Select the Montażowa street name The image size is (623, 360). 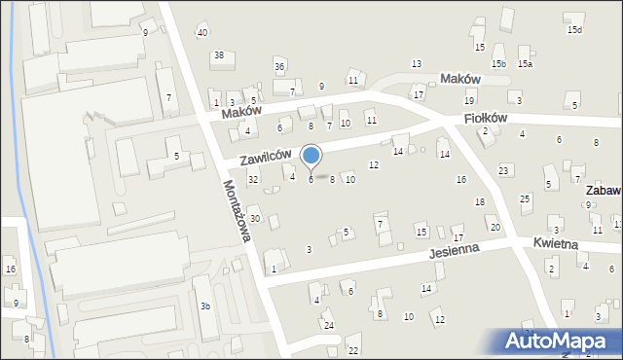(x=240, y=213)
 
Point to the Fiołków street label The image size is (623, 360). (x=487, y=118)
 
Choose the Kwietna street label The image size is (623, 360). (x=556, y=243)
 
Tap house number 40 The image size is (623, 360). (x=202, y=33)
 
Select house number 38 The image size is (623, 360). (x=219, y=55)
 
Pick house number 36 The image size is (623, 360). (x=279, y=66)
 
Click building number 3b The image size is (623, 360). (x=205, y=306)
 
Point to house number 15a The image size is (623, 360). (x=525, y=64)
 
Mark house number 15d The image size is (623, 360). (x=575, y=30)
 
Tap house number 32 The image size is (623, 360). (x=253, y=179)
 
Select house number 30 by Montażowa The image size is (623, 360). (x=254, y=219)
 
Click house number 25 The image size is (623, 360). (x=525, y=199)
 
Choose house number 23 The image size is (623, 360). (x=503, y=171)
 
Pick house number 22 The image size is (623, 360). (x=353, y=350)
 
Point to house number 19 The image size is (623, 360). (x=469, y=101)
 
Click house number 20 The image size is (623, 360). (x=495, y=228)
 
